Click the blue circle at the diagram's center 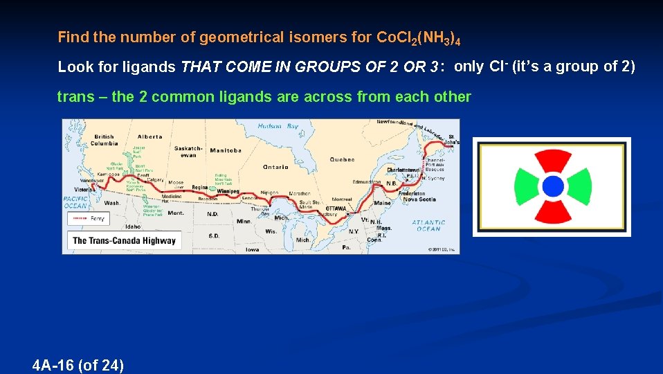(x=552, y=186)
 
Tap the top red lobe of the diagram (x=552, y=161)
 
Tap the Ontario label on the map (x=275, y=167)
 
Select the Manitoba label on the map (x=226, y=150)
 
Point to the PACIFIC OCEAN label (x=75, y=202)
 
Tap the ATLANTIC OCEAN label (x=428, y=225)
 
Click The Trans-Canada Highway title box (x=124, y=240)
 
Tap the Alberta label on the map (x=149, y=136)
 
